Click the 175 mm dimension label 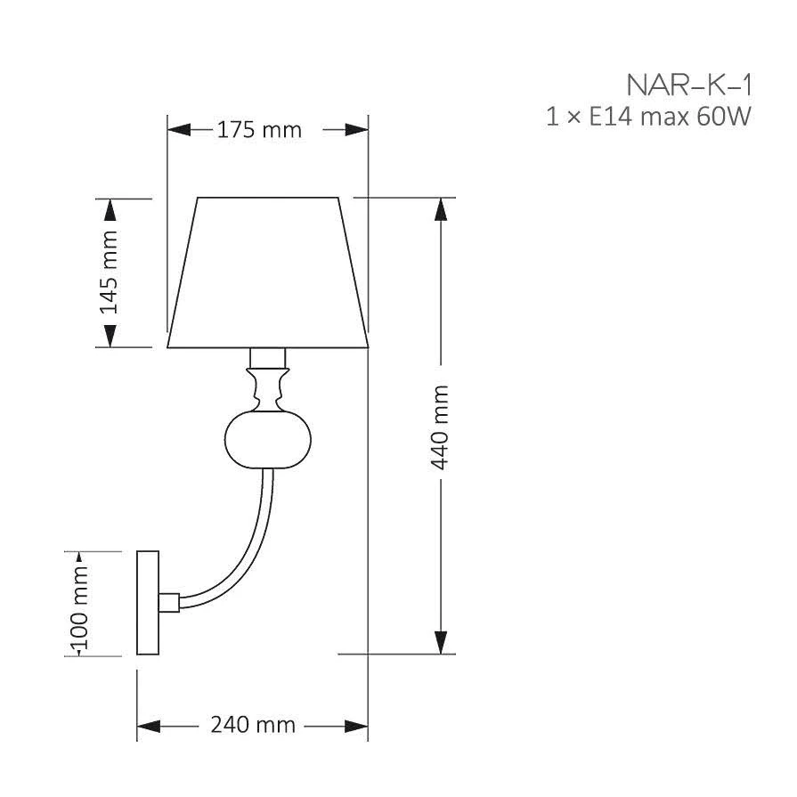click(259, 130)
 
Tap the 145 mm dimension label click(109, 272)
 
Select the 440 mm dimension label click(440, 427)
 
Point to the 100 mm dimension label click(80, 607)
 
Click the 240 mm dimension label click(253, 725)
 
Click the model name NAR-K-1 click(689, 85)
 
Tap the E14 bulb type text click(610, 117)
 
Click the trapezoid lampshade click(268, 272)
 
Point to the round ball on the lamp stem click(268, 440)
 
